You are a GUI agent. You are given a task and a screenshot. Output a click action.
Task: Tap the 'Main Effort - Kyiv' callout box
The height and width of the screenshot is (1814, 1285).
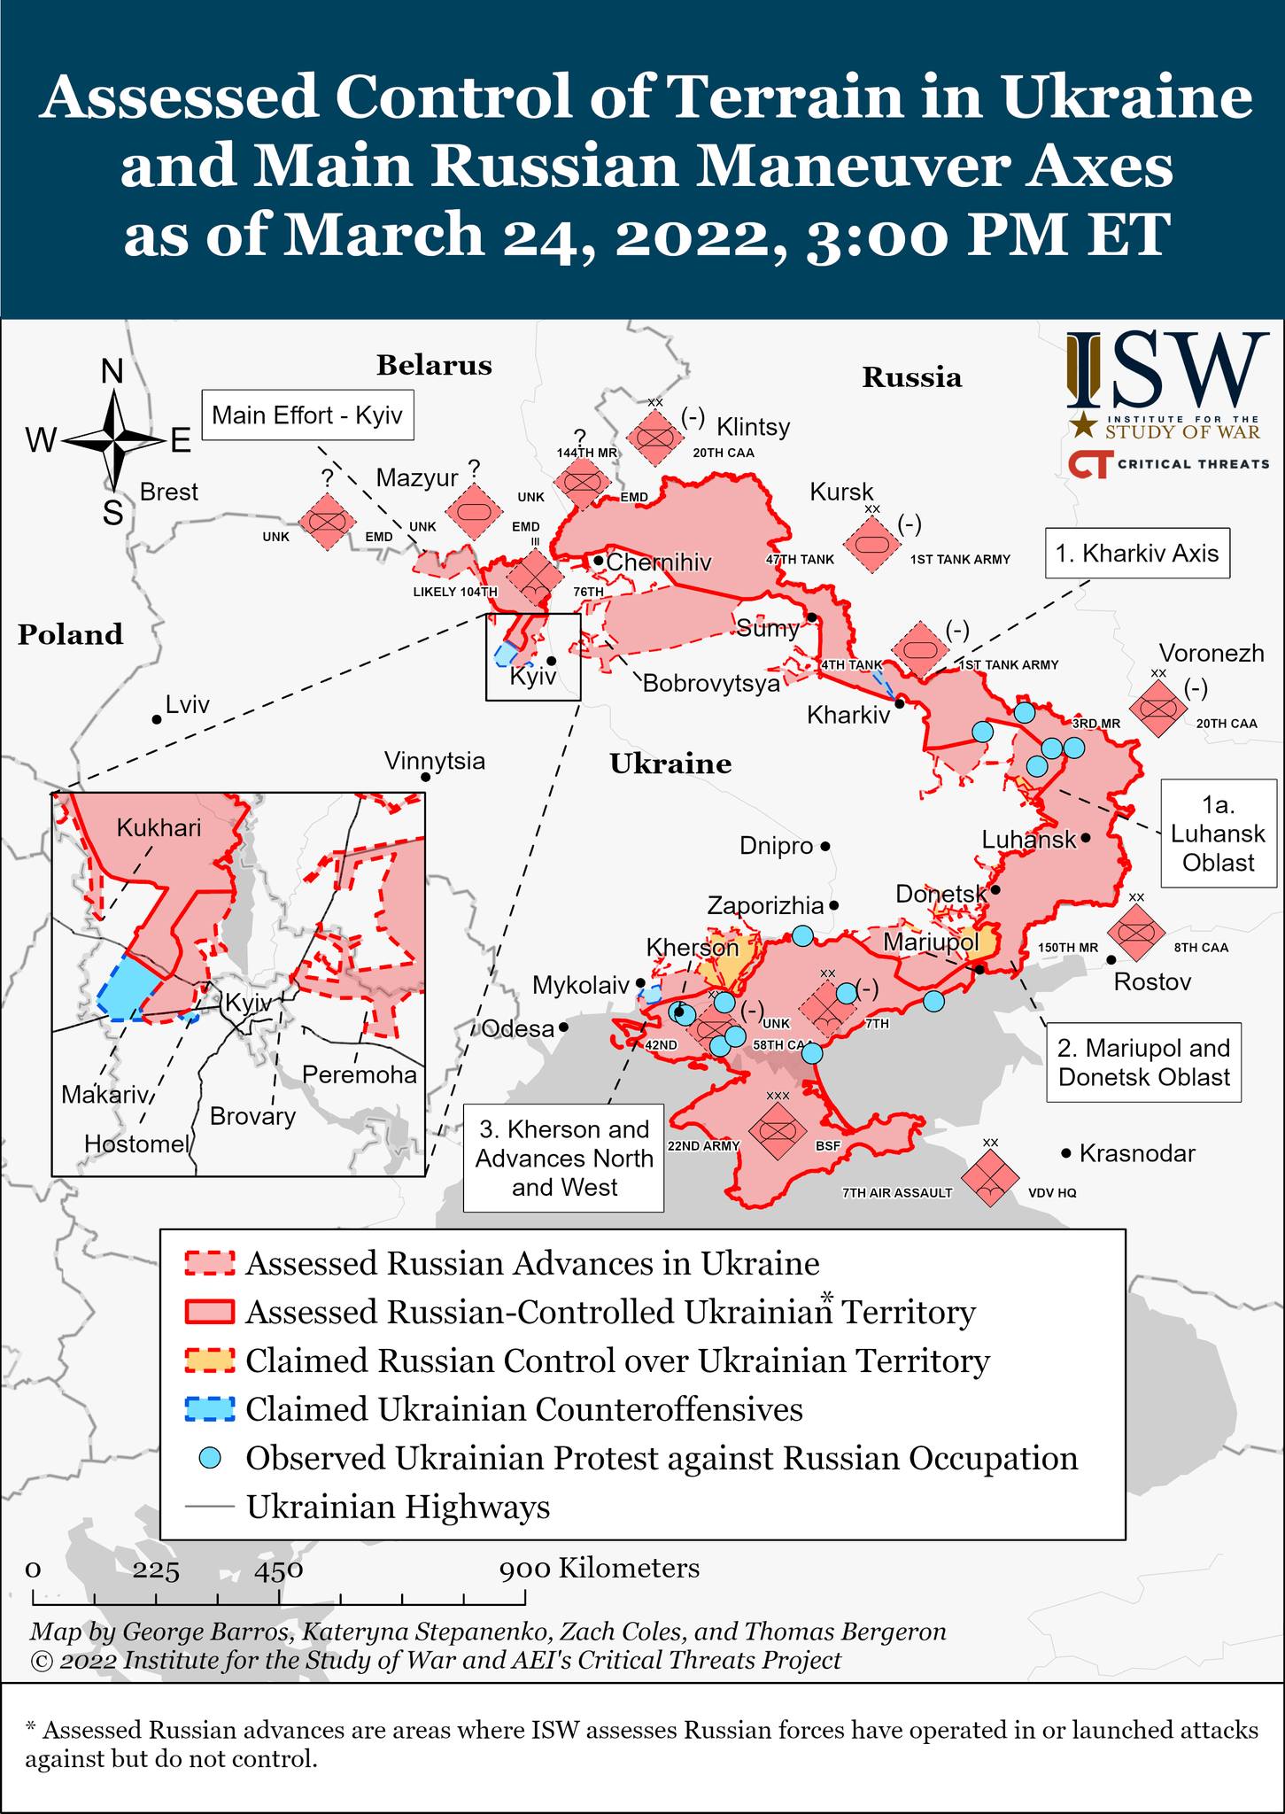(x=307, y=415)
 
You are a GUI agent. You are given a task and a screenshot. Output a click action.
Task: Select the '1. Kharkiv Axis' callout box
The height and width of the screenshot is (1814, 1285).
(x=1137, y=554)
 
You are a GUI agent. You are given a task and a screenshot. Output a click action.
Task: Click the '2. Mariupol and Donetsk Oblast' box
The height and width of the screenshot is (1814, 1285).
(x=1143, y=1063)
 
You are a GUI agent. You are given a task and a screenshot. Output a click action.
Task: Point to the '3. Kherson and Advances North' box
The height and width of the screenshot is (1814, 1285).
(x=563, y=1158)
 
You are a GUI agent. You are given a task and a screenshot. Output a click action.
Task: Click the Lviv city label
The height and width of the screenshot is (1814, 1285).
(x=187, y=705)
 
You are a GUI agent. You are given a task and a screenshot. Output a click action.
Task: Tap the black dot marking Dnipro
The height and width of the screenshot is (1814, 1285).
(x=824, y=846)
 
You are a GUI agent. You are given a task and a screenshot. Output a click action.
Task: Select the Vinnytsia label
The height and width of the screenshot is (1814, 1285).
(x=434, y=761)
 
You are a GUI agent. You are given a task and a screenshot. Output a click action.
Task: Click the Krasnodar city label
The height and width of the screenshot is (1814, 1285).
(x=1137, y=1153)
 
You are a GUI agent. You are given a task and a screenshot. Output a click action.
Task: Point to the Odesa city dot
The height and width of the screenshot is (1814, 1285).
(x=563, y=1028)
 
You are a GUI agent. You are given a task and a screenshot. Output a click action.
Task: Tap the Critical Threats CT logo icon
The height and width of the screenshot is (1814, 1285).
(x=1088, y=464)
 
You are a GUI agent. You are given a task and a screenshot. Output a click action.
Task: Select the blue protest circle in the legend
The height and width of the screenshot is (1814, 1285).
(x=210, y=1457)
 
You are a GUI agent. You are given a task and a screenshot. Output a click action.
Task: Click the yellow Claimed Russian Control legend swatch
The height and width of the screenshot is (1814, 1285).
(x=210, y=1360)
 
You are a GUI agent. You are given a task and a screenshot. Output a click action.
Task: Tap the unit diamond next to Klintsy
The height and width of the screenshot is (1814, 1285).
(x=654, y=438)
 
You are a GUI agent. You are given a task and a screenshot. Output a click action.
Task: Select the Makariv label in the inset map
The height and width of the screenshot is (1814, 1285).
(x=104, y=1096)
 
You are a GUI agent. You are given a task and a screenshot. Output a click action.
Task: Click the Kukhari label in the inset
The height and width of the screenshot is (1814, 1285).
(x=159, y=828)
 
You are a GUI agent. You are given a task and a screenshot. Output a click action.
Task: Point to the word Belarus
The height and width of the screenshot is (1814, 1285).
(x=434, y=365)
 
